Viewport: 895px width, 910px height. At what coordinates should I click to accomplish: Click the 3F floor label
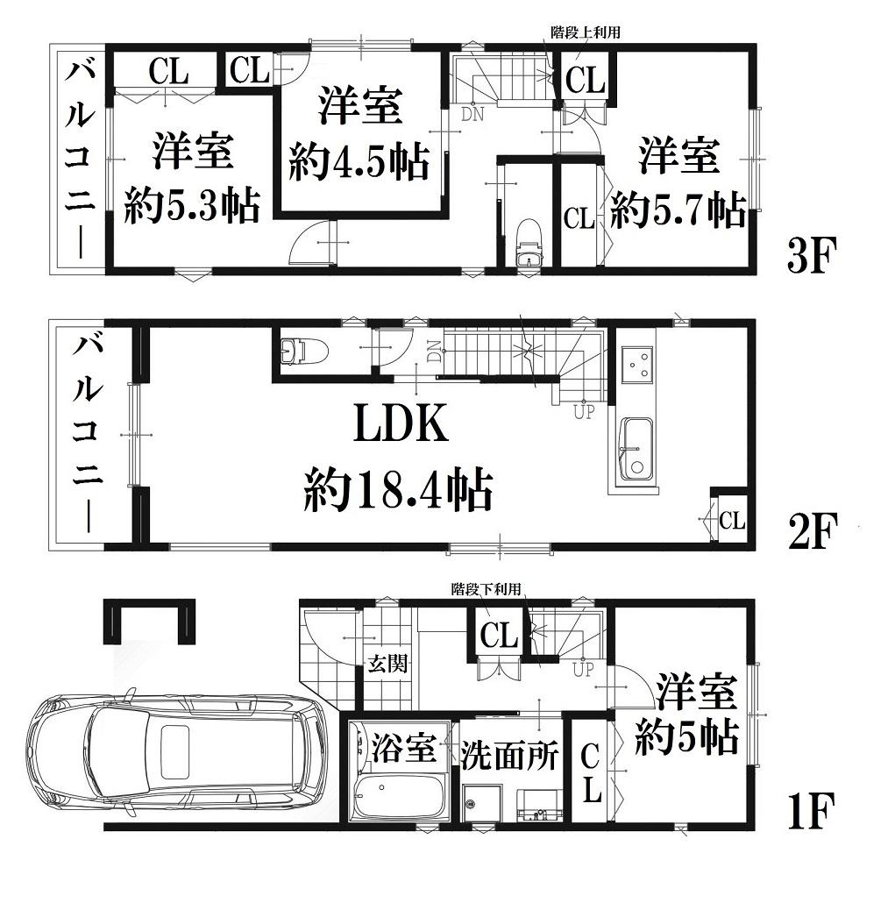pyautogui.click(x=812, y=256)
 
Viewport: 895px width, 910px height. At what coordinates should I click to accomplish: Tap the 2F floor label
pyautogui.click(x=813, y=532)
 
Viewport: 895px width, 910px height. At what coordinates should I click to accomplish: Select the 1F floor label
pyautogui.click(x=812, y=811)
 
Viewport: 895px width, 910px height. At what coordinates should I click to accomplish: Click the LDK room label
pyautogui.click(x=401, y=423)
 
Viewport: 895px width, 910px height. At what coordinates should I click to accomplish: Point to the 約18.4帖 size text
pyautogui.click(x=398, y=490)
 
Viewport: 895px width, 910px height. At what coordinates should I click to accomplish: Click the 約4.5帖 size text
pyautogui.click(x=360, y=160)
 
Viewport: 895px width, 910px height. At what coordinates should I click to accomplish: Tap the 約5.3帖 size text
pyautogui.click(x=192, y=204)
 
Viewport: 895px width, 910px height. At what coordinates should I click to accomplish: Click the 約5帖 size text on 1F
pyautogui.click(x=686, y=737)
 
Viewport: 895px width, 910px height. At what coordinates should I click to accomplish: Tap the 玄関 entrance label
pyautogui.click(x=387, y=664)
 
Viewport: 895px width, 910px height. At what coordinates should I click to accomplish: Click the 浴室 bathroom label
pyautogui.click(x=404, y=748)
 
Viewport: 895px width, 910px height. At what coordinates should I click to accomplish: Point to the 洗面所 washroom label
pyautogui.click(x=509, y=755)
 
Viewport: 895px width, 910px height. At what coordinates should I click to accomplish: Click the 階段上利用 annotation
pyautogui.click(x=585, y=32)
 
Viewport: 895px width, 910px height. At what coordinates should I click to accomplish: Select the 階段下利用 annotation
pyautogui.click(x=486, y=590)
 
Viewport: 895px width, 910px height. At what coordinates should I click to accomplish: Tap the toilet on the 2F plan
pyautogui.click(x=303, y=352)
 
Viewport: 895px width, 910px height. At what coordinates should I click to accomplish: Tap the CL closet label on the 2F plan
pyautogui.click(x=732, y=520)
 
